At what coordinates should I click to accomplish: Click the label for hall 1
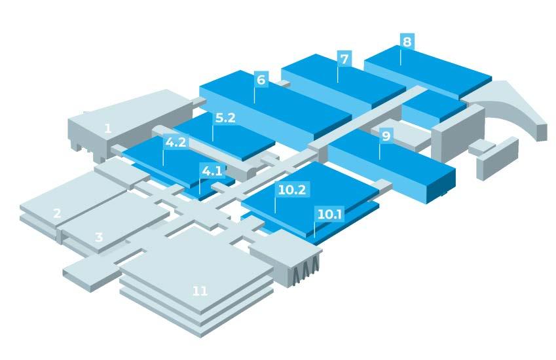click(x=107, y=129)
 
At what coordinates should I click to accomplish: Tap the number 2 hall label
click(x=57, y=213)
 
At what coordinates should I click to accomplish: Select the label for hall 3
click(x=99, y=237)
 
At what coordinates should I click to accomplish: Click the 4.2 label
click(x=176, y=141)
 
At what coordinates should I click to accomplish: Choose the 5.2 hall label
click(x=225, y=118)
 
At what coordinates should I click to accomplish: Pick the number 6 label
click(x=261, y=81)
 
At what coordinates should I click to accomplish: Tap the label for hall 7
click(x=344, y=58)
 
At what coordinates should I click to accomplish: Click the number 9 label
click(x=386, y=136)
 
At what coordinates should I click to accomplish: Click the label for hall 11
click(x=200, y=291)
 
